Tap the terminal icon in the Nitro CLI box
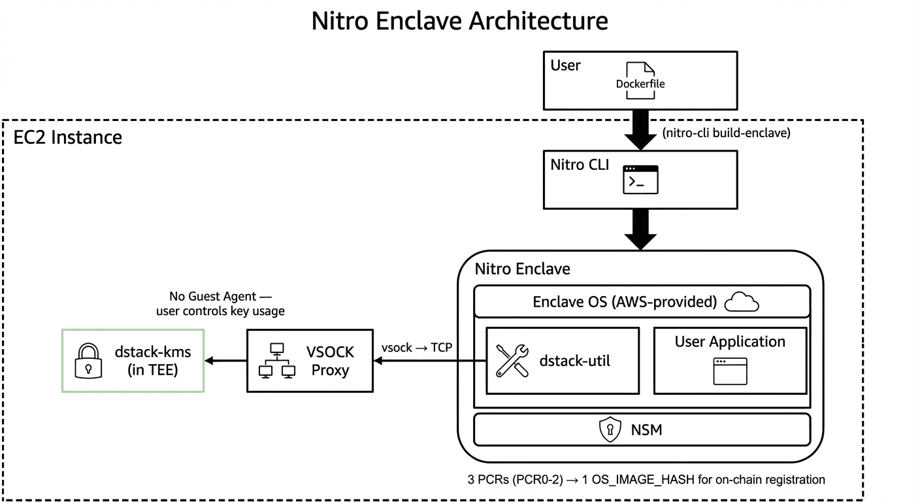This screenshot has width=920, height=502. pos(640,180)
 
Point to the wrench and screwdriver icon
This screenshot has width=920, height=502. pos(512,361)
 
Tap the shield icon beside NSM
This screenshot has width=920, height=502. pos(609,429)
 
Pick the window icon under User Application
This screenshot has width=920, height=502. pos(730,371)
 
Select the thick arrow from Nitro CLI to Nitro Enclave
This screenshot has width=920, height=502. pos(640,229)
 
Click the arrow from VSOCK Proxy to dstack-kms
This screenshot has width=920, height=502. pos(225,360)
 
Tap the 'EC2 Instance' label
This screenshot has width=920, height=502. pos(68,138)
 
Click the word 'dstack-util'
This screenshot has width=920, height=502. pos(574,360)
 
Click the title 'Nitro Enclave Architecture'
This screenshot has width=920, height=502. pos(459,21)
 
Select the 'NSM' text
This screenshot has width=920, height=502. pos(647,429)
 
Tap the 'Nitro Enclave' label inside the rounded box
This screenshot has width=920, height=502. pos(522,269)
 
